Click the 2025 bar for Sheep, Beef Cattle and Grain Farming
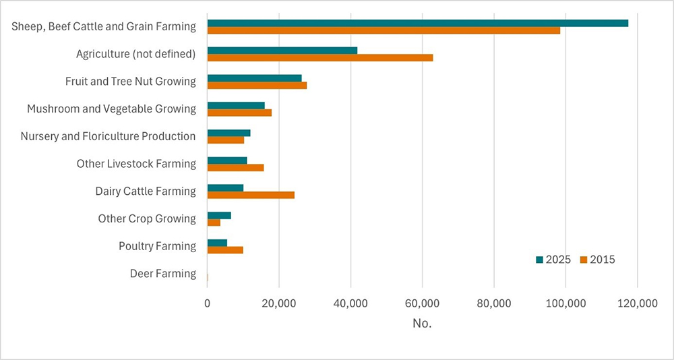(x=417, y=23)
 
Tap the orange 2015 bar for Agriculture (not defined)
(x=319, y=58)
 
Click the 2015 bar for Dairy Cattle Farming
(x=251, y=195)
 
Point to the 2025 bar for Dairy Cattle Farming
(x=225, y=187)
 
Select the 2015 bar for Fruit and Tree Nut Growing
(x=257, y=86)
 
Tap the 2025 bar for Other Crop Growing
(x=219, y=215)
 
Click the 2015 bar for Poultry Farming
(x=225, y=250)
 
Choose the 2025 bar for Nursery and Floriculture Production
(x=228, y=133)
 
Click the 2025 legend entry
(x=553, y=260)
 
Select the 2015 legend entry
(x=598, y=260)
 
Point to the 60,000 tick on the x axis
(x=422, y=304)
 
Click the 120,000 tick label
(x=637, y=304)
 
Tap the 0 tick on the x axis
(x=208, y=304)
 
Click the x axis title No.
(x=422, y=324)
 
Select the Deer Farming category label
(x=162, y=274)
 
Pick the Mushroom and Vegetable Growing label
(x=111, y=109)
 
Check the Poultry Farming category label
(x=157, y=246)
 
